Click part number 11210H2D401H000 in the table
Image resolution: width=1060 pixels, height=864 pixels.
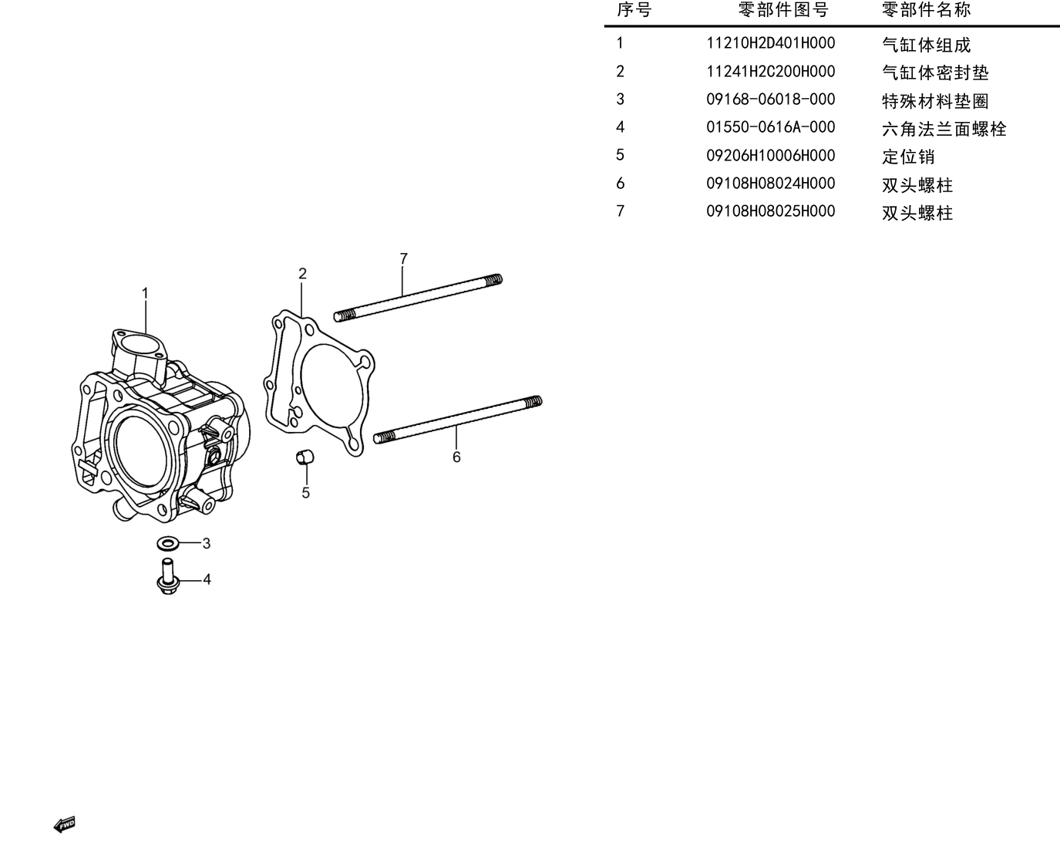point(770,43)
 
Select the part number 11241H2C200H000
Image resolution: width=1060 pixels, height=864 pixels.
point(770,72)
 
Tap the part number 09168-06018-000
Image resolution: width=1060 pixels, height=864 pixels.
point(770,100)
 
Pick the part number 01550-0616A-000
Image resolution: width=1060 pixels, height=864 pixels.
point(770,127)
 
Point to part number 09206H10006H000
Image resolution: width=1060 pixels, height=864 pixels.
point(770,156)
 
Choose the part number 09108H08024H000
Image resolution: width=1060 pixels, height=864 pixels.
point(770,184)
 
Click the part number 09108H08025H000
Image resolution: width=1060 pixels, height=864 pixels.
point(770,211)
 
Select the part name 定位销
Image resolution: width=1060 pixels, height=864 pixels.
point(908,157)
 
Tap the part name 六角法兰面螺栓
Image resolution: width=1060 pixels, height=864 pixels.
point(944,129)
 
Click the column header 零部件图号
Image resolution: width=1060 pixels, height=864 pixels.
point(783,9)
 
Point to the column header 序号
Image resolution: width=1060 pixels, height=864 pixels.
point(634,9)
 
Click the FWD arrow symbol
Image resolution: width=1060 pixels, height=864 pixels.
point(64,825)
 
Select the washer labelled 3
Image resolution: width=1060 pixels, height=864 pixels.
point(168,543)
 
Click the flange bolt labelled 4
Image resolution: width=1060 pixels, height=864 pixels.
point(168,576)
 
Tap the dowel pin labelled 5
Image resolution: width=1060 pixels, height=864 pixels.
point(305,457)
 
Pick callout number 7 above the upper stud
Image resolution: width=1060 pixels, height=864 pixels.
point(404,259)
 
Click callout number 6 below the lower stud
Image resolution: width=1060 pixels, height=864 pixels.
point(456,457)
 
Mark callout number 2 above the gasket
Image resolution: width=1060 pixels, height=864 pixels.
point(302,273)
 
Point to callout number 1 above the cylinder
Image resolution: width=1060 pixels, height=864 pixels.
point(145,293)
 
